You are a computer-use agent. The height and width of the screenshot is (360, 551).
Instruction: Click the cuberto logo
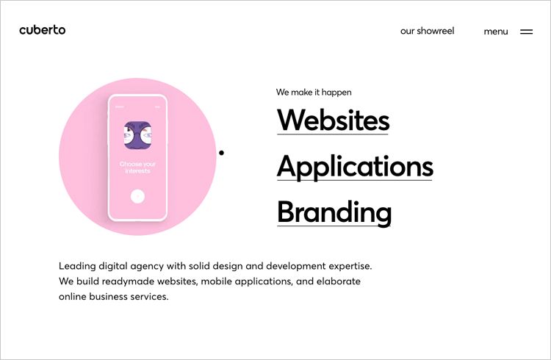[x=43, y=30]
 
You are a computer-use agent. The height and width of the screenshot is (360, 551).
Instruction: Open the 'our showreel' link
[x=427, y=31]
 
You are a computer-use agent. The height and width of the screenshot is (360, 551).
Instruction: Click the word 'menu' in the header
[x=496, y=32]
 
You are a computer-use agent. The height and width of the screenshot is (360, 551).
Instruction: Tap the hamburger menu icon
[x=526, y=32]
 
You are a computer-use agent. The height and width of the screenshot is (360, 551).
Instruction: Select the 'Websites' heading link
[x=333, y=120]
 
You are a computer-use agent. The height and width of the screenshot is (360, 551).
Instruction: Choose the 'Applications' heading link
[x=355, y=167]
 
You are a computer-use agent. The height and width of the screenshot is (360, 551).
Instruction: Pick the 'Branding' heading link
[x=334, y=212]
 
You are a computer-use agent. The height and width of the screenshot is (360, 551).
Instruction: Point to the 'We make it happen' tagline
[x=314, y=93]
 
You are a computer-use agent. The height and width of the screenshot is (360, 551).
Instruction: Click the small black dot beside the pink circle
[x=221, y=153]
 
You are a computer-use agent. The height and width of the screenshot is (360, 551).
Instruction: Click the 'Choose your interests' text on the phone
[x=137, y=168]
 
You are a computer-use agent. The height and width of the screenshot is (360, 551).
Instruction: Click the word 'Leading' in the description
[x=77, y=265]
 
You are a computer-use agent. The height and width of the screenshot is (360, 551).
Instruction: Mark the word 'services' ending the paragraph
[x=149, y=297]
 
